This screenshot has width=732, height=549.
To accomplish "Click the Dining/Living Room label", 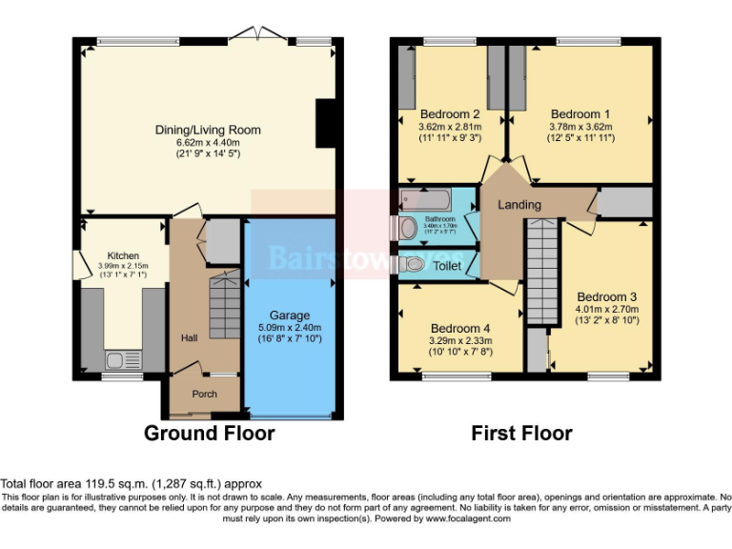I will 208,131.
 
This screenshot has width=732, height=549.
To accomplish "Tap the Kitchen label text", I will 123,255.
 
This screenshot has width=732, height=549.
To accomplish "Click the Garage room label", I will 289,315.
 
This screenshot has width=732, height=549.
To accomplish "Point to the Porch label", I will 205,394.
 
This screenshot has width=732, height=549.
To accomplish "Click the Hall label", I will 190,338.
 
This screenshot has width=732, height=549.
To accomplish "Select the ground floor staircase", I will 225,305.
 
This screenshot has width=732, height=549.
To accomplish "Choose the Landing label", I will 519,205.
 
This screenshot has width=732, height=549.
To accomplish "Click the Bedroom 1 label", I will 580,113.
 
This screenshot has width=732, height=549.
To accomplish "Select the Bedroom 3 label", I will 606,296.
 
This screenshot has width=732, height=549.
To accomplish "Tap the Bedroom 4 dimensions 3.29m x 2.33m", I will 460,340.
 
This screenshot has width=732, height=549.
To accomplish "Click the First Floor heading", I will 521,434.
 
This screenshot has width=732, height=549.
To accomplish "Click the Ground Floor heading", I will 209,434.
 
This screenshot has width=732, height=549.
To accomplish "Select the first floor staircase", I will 541,272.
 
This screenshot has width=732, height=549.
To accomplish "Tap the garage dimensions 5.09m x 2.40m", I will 289,328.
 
